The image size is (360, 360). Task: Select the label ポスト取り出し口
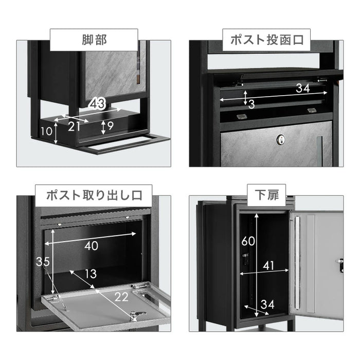click(94, 196)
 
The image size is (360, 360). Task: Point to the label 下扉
click(266, 196)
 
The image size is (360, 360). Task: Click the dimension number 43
click(97, 104)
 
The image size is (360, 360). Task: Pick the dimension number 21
click(75, 127)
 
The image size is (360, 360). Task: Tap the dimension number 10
click(47, 131)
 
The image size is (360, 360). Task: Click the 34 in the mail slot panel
click(303, 88)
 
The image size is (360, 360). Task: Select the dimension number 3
click(251, 105)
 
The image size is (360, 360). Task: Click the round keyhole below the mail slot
click(281, 139)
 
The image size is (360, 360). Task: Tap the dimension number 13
click(91, 274)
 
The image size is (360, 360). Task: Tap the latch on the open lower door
click(340, 265)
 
